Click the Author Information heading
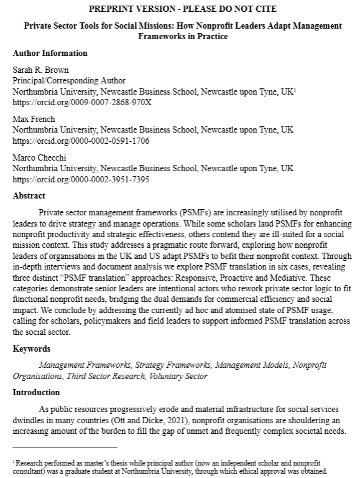pos(50,53)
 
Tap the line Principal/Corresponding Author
pos(69,80)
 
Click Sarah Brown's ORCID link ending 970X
pos(81,101)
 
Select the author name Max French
pos(33,118)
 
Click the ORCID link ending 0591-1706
pos(81,141)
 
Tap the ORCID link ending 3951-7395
pos(81,180)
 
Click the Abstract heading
pos(29,195)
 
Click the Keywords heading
pos(32,349)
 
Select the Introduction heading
pos(36,393)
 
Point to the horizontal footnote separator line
pos(65,447)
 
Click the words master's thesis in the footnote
pos(111,463)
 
